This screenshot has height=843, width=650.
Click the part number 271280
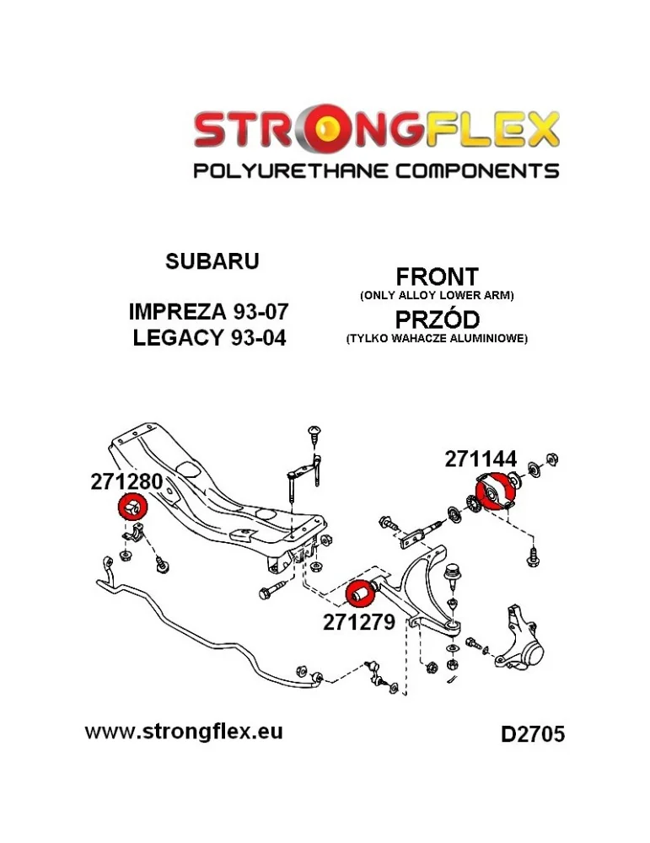pyautogui.click(x=126, y=481)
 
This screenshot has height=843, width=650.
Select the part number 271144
pyautogui.click(x=481, y=459)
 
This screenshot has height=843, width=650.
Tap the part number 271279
pyautogui.click(x=358, y=622)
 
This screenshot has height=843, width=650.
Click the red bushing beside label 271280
pyautogui.click(x=132, y=507)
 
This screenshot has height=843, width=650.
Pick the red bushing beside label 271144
pyautogui.click(x=497, y=490)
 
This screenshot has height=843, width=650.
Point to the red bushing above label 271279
pyautogui.click(x=362, y=593)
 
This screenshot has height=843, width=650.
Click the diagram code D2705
pyautogui.click(x=533, y=734)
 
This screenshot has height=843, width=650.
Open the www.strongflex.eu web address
pyautogui.click(x=184, y=731)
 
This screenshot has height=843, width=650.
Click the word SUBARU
pyautogui.click(x=212, y=260)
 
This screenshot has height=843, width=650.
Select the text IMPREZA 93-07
pyautogui.click(x=208, y=311)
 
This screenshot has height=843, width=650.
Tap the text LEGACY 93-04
pyautogui.click(x=210, y=338)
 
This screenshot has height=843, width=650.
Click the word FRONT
pyautogui.click(x=437, y=277)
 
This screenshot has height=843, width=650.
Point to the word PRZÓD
pyautogui.click(x=437, y=319)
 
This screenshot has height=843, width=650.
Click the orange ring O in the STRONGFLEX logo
pyautogui.click(x=329, y=128)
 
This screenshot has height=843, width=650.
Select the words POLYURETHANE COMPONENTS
pyautogui.click(x=376, y=171)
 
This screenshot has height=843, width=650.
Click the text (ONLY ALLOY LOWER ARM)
pyautogui.click(x=437, y=295)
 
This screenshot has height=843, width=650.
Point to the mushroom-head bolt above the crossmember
pyautogui.click(x=314, y=433)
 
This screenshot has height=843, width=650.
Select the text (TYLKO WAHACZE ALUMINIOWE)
pyautogui.click(x=437, y=339)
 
